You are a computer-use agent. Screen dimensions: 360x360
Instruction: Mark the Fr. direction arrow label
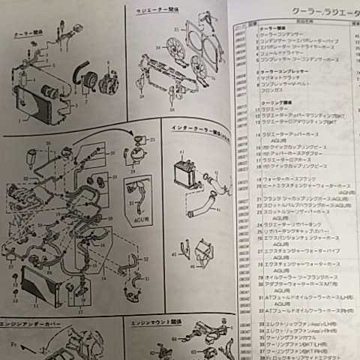(x=13, y=346)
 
